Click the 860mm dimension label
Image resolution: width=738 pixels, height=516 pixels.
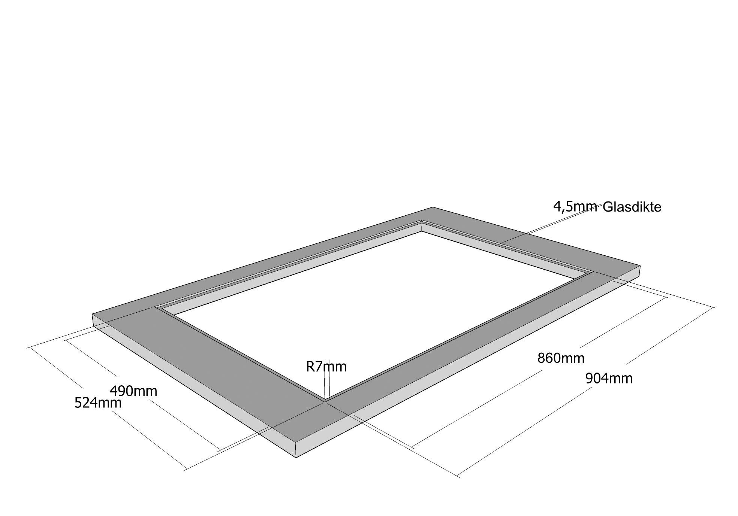561,358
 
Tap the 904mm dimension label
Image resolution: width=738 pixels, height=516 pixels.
609,379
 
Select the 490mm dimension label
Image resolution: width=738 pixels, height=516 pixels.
133,391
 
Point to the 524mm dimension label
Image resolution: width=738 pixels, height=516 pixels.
98,403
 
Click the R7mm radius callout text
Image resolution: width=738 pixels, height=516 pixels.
326,367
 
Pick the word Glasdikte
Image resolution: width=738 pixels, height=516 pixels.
632,207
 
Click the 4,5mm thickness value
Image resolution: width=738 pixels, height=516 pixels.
575,206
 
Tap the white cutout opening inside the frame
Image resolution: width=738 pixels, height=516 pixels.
375,300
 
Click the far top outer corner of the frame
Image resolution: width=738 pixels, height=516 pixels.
433,207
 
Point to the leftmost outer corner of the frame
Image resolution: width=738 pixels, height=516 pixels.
93,315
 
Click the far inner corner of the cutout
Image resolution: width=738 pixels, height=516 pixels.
422,220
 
